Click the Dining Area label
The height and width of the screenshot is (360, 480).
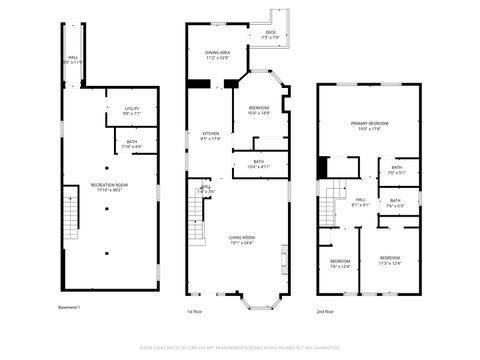[x=218, y=54]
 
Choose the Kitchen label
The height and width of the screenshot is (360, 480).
[x=211, y=135]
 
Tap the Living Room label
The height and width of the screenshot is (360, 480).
[x=243, y=239]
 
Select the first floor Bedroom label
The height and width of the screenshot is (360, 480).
[x=258, y=110]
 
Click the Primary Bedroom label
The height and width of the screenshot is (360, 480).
[x=369, y=125]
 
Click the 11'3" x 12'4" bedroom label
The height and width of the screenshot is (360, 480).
[x=390, y=262]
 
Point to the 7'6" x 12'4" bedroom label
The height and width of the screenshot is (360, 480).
[x=341, y=263]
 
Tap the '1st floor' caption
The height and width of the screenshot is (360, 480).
[x=195, y=313]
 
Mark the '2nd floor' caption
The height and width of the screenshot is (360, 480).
[x=326, y=313]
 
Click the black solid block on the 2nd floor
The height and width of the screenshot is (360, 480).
[x=322, y=169]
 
